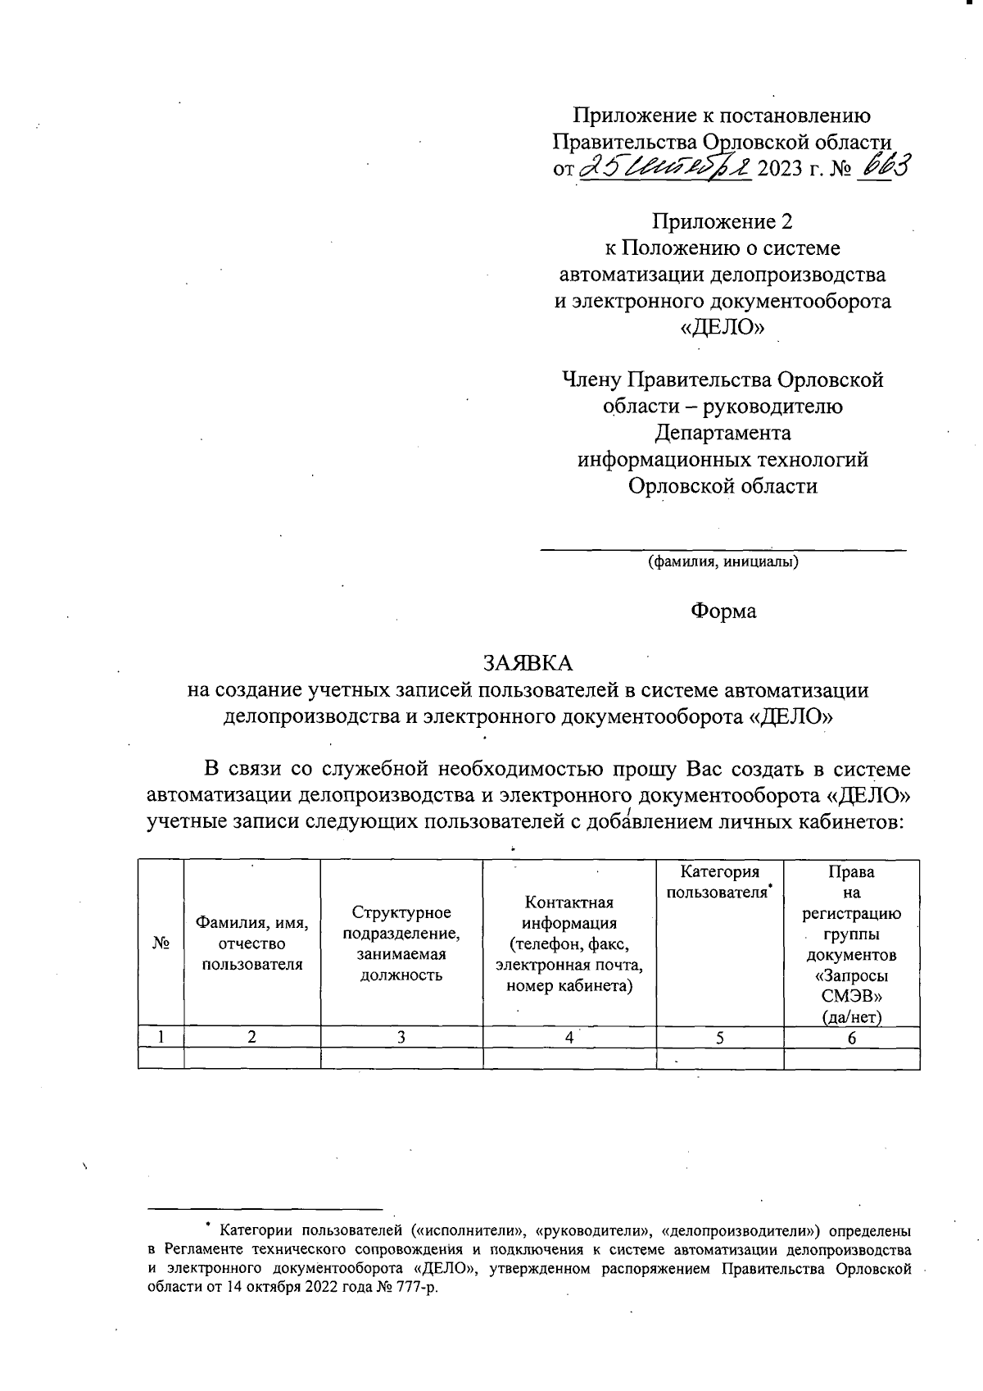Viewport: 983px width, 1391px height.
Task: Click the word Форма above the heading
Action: (723, 611)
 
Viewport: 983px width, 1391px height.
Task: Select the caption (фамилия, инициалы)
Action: (723, 562)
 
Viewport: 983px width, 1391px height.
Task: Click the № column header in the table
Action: (161, 943)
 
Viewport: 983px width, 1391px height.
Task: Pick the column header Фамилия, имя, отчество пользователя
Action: (252, 943)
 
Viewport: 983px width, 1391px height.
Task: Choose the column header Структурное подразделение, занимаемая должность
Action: (401, 943)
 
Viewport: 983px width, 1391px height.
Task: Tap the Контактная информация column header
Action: (569, 943)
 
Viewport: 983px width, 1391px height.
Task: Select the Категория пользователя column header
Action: (720, 882)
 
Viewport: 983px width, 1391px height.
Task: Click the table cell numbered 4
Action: (569, 1037)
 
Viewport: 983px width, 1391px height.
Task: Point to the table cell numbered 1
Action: (161, 1037)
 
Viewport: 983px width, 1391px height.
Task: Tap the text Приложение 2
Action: (723, 221)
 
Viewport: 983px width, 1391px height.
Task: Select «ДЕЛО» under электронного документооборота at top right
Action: (723, 327)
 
